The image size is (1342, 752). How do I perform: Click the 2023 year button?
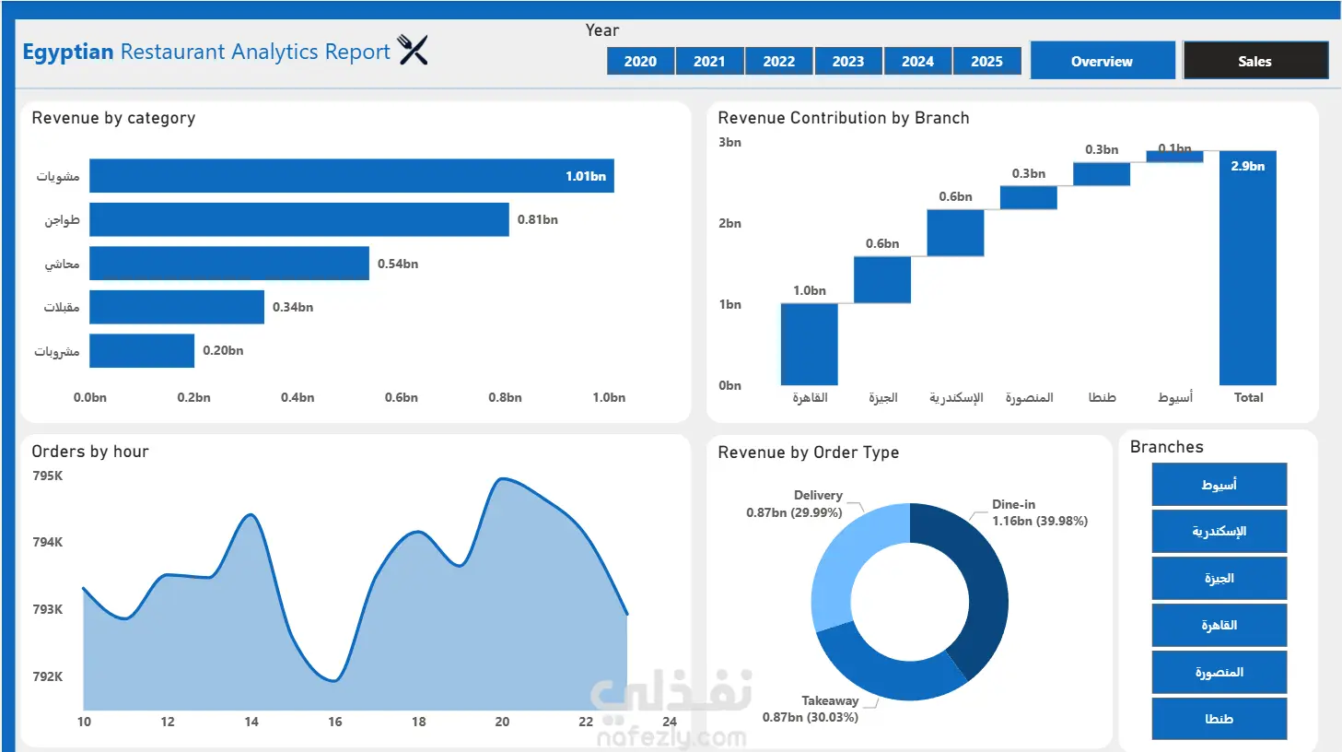click(847, 61)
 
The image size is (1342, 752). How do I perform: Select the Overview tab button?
click(1103, 61)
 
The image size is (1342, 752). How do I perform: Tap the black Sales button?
click(1255, 61)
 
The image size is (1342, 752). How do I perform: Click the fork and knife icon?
click(413, 50)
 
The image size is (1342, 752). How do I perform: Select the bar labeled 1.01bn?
click(352, 176)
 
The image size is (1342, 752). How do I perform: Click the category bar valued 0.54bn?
click(229, 263)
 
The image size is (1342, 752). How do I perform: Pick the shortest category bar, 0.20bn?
click(142, 350)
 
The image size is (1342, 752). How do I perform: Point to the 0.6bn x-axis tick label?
click(402, 397)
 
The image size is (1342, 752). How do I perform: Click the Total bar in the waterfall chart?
click(1248, 268)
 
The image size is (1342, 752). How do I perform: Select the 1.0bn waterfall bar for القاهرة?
click(810, 344)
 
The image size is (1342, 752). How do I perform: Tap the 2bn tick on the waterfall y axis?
click(729, 223)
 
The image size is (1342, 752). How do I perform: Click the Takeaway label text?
click(830, 700)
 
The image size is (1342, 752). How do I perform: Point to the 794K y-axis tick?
click(47, 542)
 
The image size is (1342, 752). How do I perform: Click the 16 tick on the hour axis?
click(335, 722)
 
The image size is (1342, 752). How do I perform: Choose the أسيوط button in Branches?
click(1219, 484)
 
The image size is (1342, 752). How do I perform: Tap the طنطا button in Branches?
click(1219, 719)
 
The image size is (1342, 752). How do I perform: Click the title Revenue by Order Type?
click(808, 452)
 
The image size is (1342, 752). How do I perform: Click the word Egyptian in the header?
click(68, 53)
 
